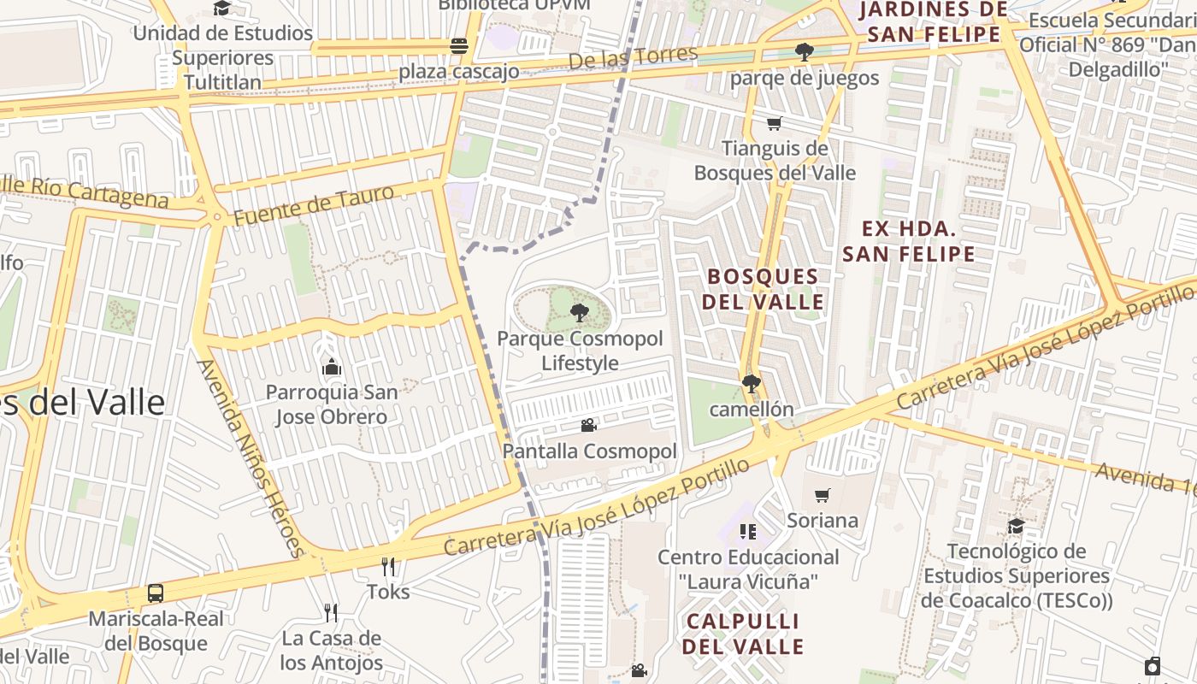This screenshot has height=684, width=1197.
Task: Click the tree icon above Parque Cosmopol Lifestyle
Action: pyautogui.click(x=580, y=313)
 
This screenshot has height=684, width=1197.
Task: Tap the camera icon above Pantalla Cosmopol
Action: pyautogui.click(x=588, y=425)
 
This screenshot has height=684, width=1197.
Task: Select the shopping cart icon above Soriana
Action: pyautogui.click(x=823, y=495)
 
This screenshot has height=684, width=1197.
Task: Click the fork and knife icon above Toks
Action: pyautogui.click(x=388, y=566)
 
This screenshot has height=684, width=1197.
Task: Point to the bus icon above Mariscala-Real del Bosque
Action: pyautogui.click(x=156, y=593)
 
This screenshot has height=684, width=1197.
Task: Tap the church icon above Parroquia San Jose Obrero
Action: pyautogui.click(x=332, y=368)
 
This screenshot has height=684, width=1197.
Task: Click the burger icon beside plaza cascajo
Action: pyautogui.click(x=459, y=46)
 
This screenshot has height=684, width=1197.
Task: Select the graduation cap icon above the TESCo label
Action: pyautogui.click(x=1016, y=526)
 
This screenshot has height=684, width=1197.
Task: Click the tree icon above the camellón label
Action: pyautogui.click(x=751, y=384)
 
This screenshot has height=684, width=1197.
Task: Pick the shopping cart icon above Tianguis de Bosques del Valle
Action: pyautogui.click(x=774, y=124)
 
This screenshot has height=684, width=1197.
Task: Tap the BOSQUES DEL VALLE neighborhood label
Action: pyautogui.click(x=763, y=289)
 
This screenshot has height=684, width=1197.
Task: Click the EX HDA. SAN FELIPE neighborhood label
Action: pyautogui.click(x=908, y=241)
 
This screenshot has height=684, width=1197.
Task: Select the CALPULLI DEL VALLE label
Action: pyautogui.click(x=742, y=634)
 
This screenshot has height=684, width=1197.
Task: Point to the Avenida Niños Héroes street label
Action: pyautogui.click(x=251, y=457)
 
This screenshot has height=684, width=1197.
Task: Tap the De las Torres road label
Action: pyautogui.click(x=633, y=57)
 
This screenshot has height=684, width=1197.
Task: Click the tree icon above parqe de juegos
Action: pyautogui.click(x=804, y=52)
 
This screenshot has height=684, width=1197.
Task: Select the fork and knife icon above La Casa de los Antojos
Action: pyautogui.click(x=331, y=612)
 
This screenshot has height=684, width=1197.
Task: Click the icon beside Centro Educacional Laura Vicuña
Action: pyautogui.click(x=748, y=532)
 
